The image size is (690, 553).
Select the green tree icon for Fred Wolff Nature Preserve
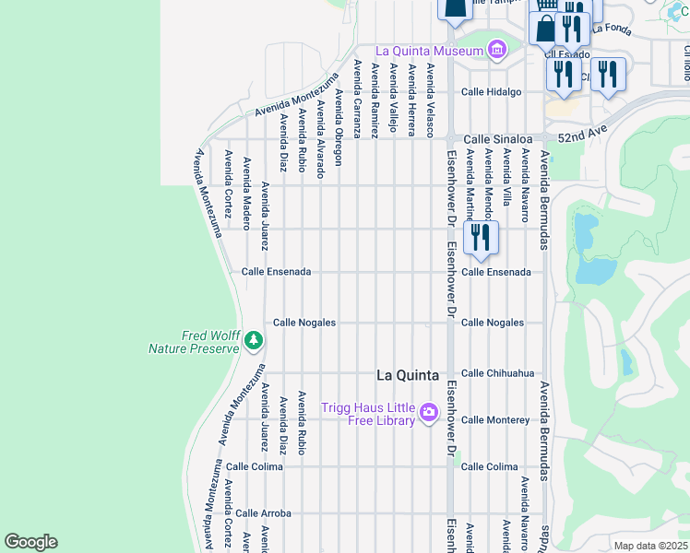(254, 342)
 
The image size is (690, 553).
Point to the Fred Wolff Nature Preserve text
(194, 342)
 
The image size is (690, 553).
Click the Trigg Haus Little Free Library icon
(428, 413)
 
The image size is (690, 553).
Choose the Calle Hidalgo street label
(491, 92)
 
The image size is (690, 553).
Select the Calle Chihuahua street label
(497, 373)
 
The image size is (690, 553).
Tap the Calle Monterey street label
(495, 420)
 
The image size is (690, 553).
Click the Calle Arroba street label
(263, 512)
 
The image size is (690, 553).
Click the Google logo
(30, 542)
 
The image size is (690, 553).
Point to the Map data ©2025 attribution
(650, 546)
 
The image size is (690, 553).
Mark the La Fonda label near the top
(611, 28)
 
